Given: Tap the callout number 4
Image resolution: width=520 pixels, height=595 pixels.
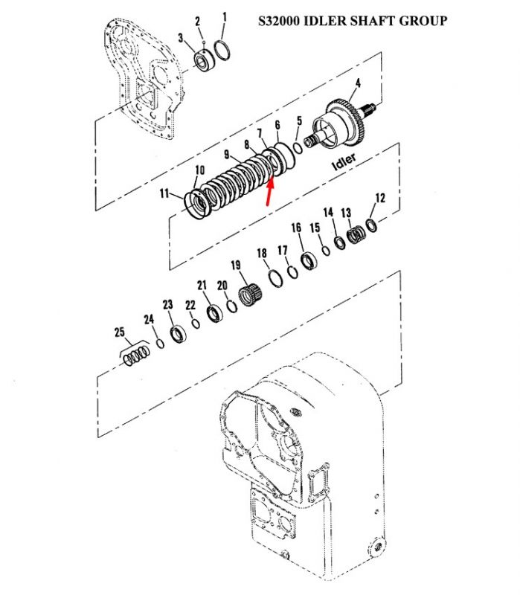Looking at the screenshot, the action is (358, 83).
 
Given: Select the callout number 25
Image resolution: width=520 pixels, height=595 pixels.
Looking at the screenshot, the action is (120, 332).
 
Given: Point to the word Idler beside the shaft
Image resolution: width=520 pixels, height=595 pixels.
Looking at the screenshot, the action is (344, 161).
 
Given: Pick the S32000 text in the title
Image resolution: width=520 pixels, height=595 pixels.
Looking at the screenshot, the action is (280, 21).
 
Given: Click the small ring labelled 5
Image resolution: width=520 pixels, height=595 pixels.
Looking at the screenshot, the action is (298, 148).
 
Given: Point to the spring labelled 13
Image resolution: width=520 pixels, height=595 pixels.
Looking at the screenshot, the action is (356, 235).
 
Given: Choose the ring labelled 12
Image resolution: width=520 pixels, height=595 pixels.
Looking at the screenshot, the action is (372, 225).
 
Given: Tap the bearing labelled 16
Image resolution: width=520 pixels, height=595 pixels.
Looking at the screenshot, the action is (309, 261).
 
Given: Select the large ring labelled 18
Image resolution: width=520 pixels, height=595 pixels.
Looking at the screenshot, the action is (275, 279).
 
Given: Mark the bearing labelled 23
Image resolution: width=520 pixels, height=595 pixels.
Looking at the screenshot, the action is (178, 334).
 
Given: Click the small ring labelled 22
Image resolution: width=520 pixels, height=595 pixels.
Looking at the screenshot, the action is (196, 324).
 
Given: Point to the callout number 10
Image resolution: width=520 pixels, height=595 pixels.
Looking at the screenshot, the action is (199, 170).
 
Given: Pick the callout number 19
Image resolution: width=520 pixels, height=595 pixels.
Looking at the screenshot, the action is (236, 265).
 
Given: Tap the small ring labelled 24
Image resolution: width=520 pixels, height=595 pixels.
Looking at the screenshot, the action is (161, 344).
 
